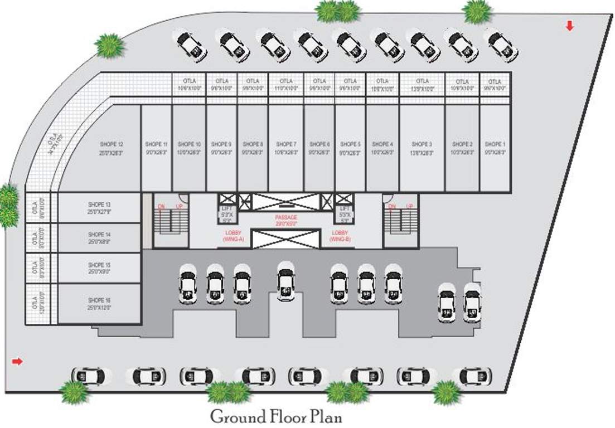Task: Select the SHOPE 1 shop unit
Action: [x=495, y=148]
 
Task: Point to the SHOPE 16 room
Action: [x=99, y=304]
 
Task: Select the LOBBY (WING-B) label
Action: [x=340, y=235]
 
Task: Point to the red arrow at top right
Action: [x=569, y=26]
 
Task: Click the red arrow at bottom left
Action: [x=17, y=362]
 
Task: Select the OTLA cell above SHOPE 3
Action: [x=422, y=85]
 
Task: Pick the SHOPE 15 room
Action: [x=99, y=268]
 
